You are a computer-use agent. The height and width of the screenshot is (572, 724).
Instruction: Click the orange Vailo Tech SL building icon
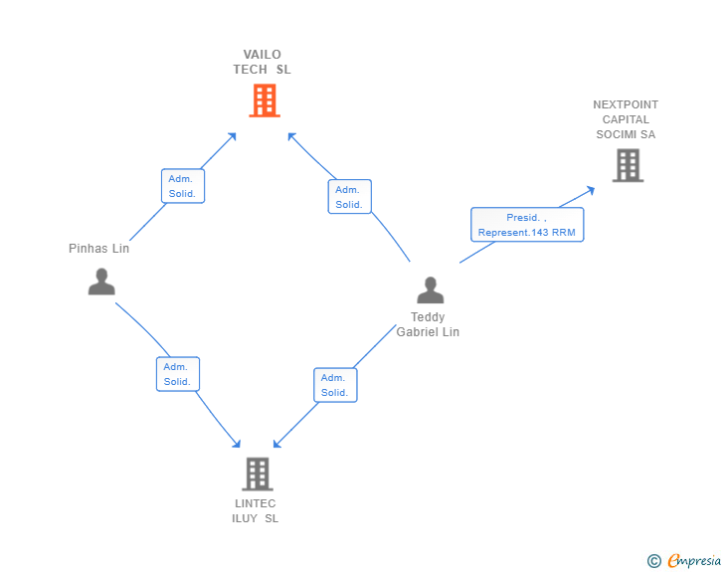(264, 100)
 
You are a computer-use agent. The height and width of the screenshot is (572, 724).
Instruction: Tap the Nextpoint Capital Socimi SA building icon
(628, 165)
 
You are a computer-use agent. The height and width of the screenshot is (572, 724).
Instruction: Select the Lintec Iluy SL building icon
(257, 475)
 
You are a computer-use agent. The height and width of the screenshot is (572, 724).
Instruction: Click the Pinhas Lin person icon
(101, 282)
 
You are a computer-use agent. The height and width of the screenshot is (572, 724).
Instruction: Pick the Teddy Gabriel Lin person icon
(430, 290)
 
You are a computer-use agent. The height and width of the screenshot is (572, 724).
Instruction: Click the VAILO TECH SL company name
(263, 62)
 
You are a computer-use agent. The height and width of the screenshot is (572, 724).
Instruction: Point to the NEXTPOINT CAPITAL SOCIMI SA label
(626, 119)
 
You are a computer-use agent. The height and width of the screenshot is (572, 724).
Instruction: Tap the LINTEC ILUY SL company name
(255, 511)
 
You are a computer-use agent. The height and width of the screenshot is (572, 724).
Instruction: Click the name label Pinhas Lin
(98, 249)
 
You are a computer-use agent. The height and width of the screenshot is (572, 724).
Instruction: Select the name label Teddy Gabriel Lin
(429, 325)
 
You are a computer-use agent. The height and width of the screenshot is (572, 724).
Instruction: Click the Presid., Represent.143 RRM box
(527, 225)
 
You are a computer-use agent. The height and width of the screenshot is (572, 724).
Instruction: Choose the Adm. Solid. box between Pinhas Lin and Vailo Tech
(182, 186)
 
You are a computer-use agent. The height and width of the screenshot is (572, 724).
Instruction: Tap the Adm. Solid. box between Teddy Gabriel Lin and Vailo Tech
(349, 197)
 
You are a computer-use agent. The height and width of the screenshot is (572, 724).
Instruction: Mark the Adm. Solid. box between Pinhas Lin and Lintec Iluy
(178, 374)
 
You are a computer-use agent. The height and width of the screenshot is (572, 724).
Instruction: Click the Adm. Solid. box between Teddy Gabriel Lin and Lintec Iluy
(335, 385)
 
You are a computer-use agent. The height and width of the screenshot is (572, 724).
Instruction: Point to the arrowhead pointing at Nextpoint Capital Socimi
(591, 189)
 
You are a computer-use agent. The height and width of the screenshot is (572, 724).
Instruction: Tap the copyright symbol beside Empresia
(653, 561)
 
